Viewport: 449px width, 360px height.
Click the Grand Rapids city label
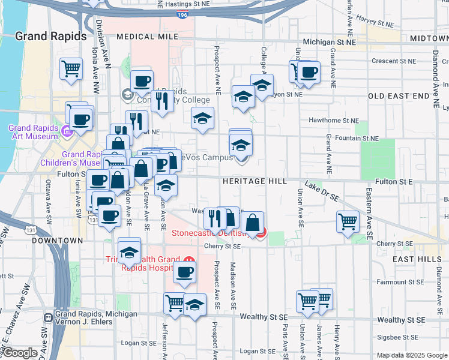point(51,36)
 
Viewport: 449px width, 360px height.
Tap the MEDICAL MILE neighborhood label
point(148,37)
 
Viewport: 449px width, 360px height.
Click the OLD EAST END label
point(399,96)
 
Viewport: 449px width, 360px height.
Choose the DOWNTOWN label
point(57,240)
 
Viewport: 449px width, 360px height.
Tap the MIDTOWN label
point(428,38)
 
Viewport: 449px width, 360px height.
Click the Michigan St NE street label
point(329,43)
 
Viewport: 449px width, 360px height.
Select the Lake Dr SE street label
point(322,191)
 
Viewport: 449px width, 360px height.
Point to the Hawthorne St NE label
point(333,120)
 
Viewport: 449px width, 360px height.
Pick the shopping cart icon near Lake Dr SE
point(348,221)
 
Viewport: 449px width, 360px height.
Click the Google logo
point(20,353)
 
